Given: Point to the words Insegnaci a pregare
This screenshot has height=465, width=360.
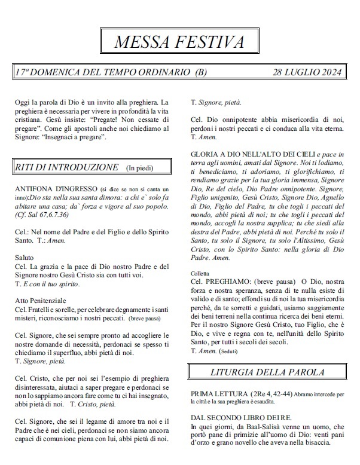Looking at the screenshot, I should click(x=75, y=138).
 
